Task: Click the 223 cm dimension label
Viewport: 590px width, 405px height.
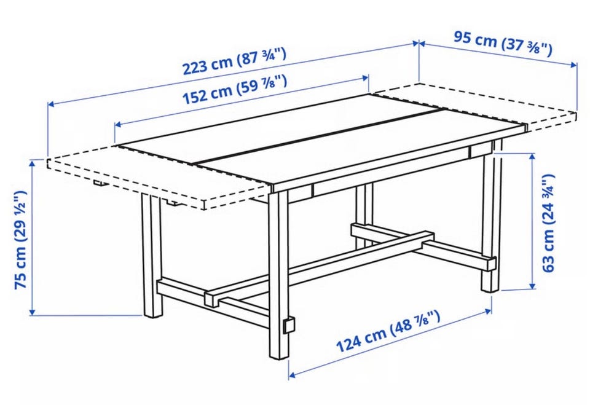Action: pyautogui.click(x=234, y=61)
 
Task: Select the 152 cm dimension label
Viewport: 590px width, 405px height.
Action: pyautogui.click(x=234, y=90)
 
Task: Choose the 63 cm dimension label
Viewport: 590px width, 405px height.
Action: pyautogui.click(x=548, y=223)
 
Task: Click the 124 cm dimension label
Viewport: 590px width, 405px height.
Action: pyautogui.click(x=388, y=331)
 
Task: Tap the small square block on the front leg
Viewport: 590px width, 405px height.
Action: pyautogui.click(x=289, y=325)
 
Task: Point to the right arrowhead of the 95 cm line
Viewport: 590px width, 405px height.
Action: pyautogui.click(x=574, y=65)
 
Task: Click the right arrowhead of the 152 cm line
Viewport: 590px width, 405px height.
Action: pyautogui.click(x=366, y=78)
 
